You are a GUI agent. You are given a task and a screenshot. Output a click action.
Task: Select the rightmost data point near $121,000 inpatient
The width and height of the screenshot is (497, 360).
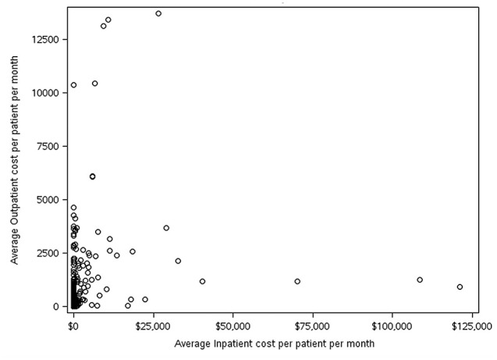[460, 287]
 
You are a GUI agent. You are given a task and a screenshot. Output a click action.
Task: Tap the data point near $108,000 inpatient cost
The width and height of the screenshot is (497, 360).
[420, 280]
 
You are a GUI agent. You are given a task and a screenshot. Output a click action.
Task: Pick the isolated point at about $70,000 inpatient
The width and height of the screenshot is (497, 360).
[297, 281]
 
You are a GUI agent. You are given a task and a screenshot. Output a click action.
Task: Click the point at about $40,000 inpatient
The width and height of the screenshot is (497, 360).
[202, 281]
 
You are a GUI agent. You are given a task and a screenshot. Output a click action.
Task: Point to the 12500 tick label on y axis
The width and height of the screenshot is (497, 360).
[45, 39]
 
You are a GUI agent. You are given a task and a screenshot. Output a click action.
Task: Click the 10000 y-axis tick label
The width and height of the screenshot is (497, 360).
[45, 93]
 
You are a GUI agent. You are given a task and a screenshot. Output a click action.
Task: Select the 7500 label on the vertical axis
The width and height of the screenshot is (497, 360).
[48, 146]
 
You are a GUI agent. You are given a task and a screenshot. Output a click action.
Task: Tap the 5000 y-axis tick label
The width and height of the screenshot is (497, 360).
[48, 199]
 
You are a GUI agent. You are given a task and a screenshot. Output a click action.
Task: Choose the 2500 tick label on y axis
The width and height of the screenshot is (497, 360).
[48, 253]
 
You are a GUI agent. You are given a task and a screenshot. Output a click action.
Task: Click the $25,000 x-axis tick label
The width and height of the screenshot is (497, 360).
[154, 326]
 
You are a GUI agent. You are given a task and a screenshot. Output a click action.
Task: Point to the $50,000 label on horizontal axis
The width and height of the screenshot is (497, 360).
[233, 326]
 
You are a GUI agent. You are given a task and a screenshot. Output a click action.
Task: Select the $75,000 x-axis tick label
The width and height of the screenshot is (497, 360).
[313, 326]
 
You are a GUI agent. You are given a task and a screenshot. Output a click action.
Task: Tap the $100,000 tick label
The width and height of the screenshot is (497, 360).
[392, 326]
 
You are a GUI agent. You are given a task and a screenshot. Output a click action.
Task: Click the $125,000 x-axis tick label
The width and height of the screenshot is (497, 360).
[472, 326]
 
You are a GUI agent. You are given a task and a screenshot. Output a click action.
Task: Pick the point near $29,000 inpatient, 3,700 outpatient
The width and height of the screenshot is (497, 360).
[166, 228]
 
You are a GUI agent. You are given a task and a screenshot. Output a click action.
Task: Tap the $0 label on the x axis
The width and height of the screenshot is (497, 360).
[73, 326]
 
